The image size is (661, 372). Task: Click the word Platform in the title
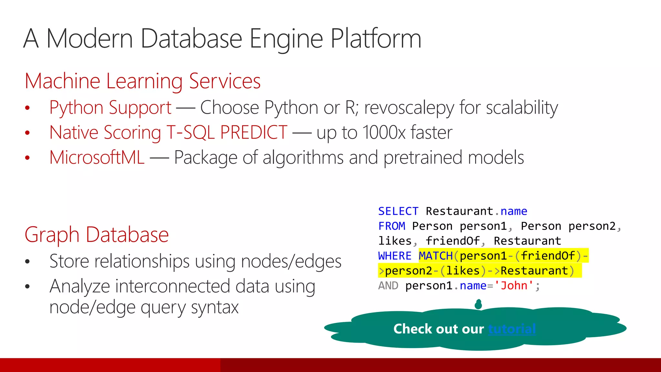click(376, 39)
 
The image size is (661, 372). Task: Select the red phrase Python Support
click(110, 108)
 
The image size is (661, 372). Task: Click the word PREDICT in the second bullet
click(254, 132)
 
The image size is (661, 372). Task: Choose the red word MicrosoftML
click(97, 158)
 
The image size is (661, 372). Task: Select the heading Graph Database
click(97, 234)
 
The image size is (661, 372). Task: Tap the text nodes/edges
click(291, 261)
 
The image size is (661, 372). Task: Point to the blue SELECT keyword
click(398, 211)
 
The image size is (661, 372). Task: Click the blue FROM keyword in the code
click(392, 226)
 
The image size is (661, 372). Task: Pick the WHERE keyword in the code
click(394, 256)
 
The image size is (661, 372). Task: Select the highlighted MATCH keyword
click(436, 256)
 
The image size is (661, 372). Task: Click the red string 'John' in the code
click(514, 285)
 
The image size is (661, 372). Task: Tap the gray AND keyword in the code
click(388, 285)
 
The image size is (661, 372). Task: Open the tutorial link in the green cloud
click(512, 329)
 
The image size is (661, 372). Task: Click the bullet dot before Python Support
click(27, 108)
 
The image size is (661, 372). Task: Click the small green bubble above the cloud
click(478, 304)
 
